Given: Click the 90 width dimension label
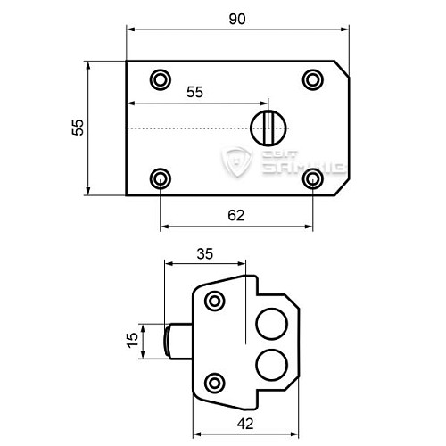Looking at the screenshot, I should pyautogui.click(x=236, y=18).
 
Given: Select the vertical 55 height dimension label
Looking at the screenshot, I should pyautogui.click(x=78, y=128).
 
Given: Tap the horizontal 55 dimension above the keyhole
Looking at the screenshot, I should pyautogui.click(x=195, y=91).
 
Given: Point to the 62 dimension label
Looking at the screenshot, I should pyautogui.click(x=236, y=215).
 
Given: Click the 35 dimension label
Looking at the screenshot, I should pyautogui.click(x=204, y=253).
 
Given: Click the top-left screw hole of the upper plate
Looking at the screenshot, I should pyautogui.click(x=160, y=79).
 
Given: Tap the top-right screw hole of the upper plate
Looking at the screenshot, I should pyautogui.click(x=312, y=79).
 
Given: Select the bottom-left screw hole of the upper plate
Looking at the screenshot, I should pyautogui.click(x=160, y=178).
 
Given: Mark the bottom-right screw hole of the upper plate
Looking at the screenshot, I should pyautogui.click(x=312, y=178).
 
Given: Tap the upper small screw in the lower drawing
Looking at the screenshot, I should pyautogui.click(x=214, y=302).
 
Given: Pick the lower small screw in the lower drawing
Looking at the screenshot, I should pyautogui.click(x=214, y=384).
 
